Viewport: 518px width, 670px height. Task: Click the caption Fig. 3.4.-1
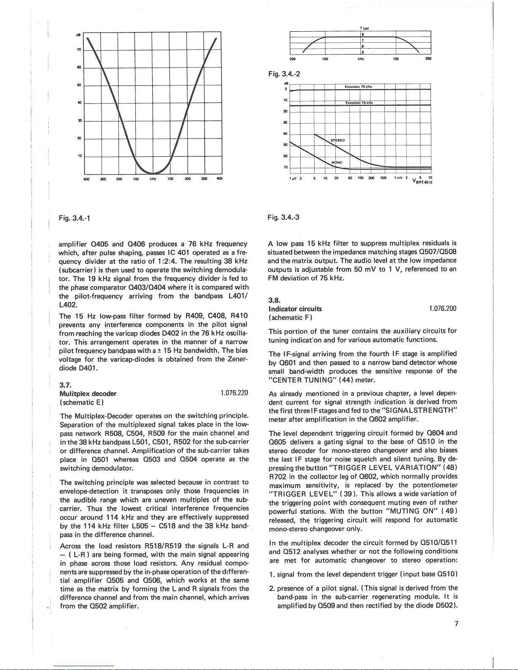coord(75,218)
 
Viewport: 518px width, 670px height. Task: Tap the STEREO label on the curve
coord(337,140)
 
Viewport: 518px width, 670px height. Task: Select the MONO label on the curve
coord(337,162)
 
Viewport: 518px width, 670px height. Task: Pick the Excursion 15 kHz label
coord(358,103)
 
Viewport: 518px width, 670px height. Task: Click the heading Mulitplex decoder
coord(88,393)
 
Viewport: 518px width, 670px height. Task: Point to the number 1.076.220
coord(234,393)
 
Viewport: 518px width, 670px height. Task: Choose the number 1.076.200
coord(443,309)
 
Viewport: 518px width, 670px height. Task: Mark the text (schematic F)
coord(290,317)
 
